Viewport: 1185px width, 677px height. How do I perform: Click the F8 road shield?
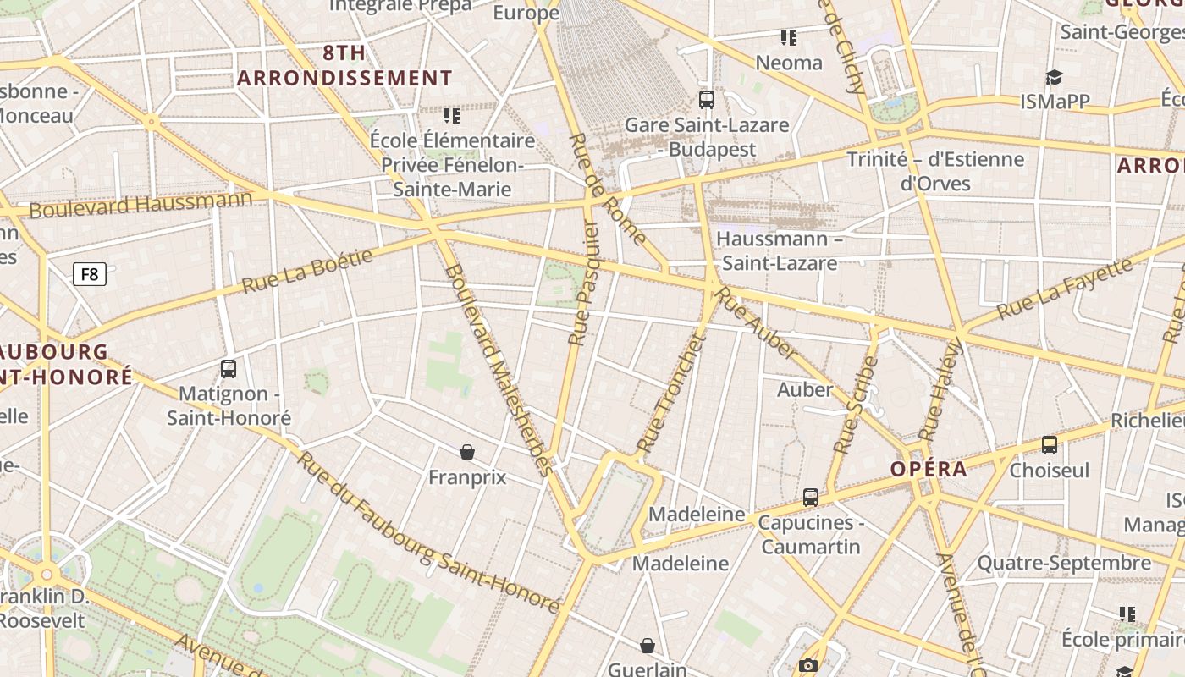[90, 274]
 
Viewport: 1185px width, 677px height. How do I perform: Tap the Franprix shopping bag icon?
[467, 452]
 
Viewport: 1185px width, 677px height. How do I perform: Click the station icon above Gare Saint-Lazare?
[707, 100]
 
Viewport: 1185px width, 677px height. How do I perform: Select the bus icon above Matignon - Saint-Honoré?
[229, 369]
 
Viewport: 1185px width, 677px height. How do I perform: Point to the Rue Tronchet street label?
[671, 393]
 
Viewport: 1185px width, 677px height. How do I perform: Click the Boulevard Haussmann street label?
[141, 205]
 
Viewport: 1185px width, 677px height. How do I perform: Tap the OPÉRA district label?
[928, 469]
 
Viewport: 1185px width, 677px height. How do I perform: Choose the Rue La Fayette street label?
[1064, 289]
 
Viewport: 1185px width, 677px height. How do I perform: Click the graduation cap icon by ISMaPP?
[1053, 78]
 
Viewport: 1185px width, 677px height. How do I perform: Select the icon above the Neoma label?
[789, 38]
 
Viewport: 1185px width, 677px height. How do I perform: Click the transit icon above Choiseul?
[1050, 445]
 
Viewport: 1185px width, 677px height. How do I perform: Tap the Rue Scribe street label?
[857, 405]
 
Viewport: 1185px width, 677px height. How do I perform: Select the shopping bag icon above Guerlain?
[648, 647]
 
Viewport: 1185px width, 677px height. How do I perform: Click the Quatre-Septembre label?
[1064, 563]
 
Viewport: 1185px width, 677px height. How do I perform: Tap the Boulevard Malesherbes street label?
[499, 369]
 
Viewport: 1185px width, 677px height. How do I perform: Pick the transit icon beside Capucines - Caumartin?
[811, 498]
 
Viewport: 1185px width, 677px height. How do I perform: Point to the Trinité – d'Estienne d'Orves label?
[935, 171]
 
